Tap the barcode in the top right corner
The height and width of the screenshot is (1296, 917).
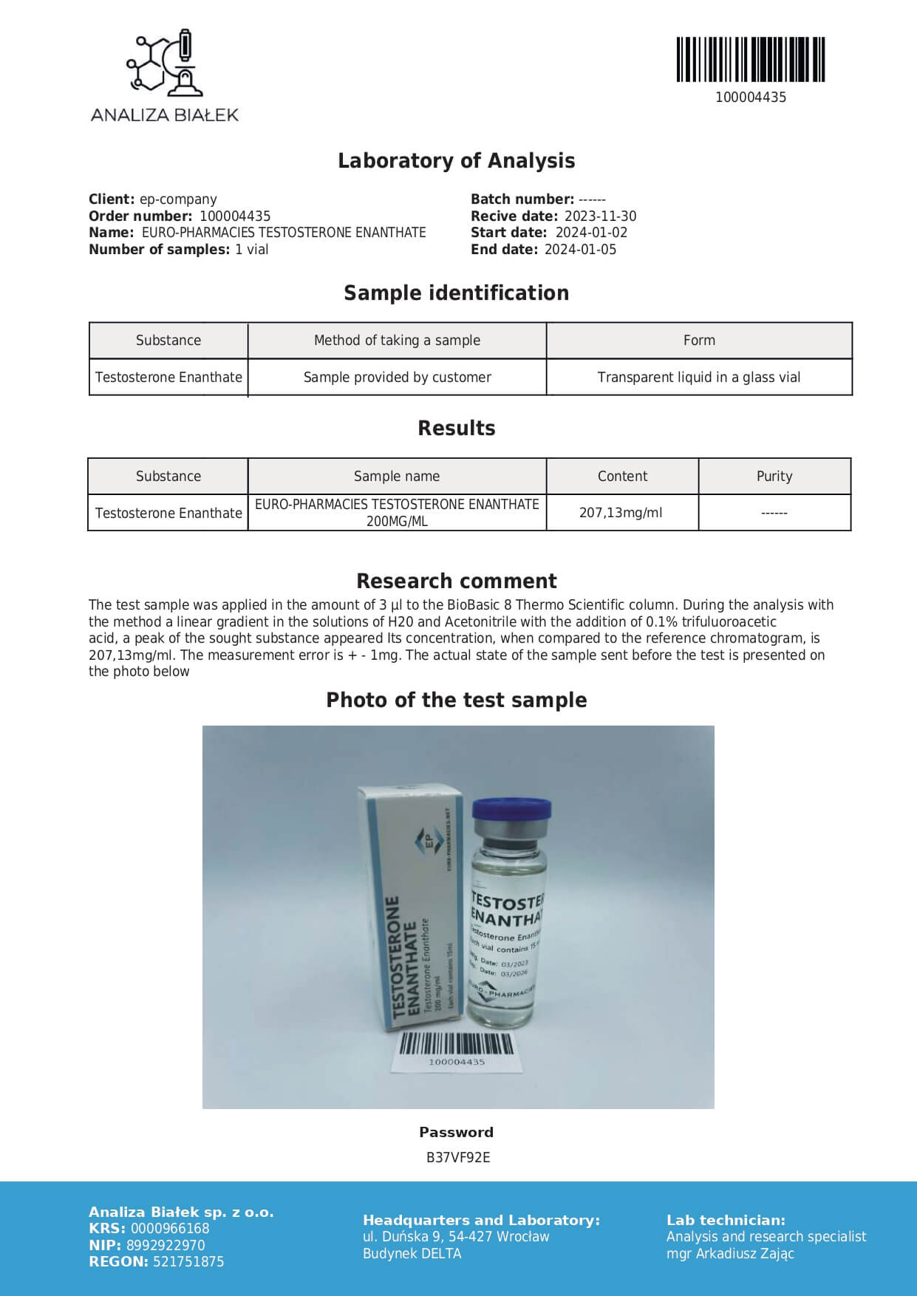coord(750,59)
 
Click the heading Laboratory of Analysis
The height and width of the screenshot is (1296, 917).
coord(456,160)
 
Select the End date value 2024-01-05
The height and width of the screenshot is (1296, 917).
coord(580,250)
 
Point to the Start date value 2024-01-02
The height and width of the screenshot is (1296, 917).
coord(591,233)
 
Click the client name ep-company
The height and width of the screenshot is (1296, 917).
coord(178,199)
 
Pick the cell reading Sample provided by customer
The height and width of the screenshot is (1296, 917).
coord(397,378)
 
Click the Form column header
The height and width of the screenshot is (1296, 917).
coord(698,341)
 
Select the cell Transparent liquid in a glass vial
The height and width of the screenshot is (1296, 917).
coord(698,378)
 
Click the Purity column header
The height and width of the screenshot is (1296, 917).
coord(774,477)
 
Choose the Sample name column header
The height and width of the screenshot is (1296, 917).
coord(396,477)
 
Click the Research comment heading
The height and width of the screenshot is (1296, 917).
coord(456,581)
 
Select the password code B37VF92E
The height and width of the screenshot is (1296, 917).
coord(457,1158)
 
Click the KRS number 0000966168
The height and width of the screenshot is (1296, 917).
coord(170,1229)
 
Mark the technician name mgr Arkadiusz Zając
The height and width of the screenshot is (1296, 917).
coord(730,1253)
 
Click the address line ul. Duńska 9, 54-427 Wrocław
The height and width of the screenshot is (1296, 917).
coord(456,1237)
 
